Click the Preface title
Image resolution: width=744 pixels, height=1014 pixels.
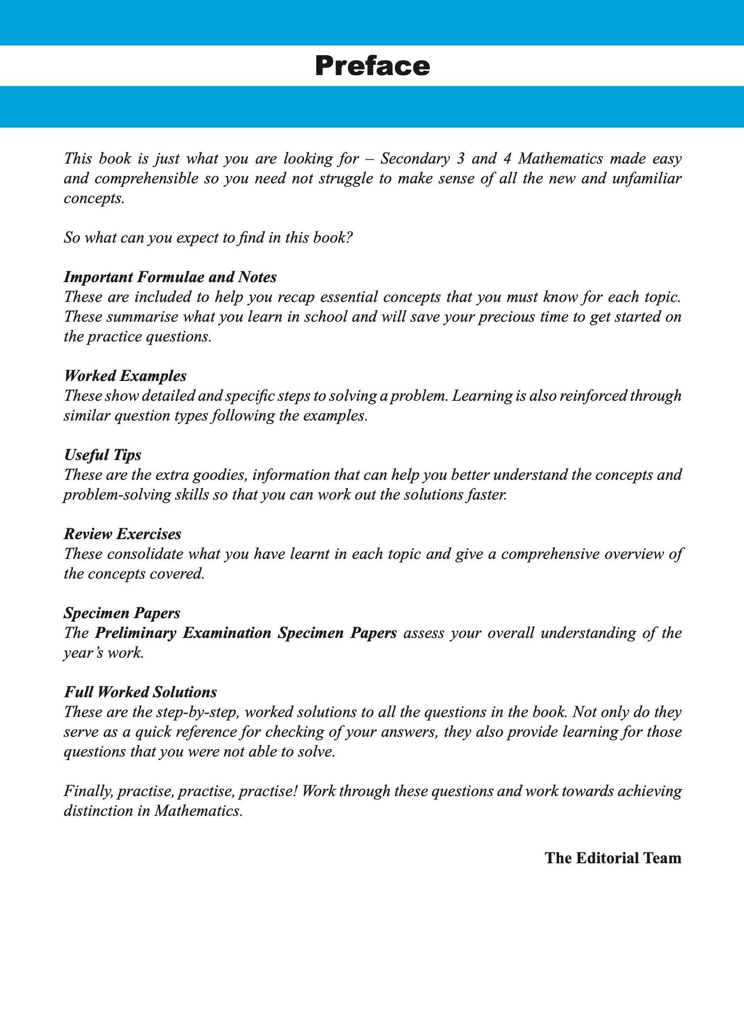click(x=372, y=66)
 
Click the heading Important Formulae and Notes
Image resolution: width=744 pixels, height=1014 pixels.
click(x=170, y=277)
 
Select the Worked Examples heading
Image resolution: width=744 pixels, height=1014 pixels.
click(x=125, y=376)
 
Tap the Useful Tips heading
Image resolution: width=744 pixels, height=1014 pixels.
click(x=102, y=455)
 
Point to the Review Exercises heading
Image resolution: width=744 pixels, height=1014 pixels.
click(x=122, y=534)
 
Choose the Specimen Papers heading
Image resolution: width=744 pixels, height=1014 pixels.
click(x=122, y=613)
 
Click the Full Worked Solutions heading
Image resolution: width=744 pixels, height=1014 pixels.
click(x=140, y=692)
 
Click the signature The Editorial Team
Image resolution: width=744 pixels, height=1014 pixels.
click(x=613, y=858)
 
